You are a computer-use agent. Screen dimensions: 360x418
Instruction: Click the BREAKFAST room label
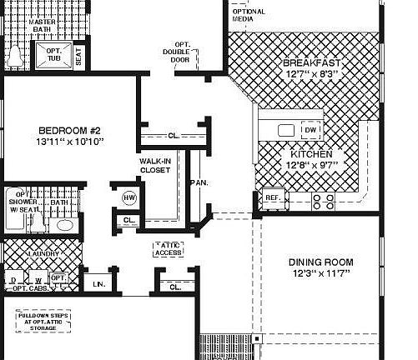311,63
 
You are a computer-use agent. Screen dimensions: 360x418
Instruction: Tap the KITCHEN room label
311,155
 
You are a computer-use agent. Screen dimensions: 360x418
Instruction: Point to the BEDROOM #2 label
69,131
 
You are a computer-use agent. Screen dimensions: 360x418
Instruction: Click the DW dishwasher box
310,130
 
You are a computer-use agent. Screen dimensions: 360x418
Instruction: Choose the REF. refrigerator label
272,197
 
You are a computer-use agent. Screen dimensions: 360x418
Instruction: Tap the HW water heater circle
129,197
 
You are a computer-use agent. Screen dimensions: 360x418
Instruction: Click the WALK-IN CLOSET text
155,165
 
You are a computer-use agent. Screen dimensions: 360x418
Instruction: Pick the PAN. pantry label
198,182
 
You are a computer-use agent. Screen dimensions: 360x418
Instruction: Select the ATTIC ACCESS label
168,248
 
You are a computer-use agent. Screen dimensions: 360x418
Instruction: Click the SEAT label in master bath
78,57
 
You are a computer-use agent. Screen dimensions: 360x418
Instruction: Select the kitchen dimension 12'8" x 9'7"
311,166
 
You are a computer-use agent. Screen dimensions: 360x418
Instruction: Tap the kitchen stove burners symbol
323,201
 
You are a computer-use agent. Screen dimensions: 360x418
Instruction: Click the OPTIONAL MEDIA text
248,14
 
